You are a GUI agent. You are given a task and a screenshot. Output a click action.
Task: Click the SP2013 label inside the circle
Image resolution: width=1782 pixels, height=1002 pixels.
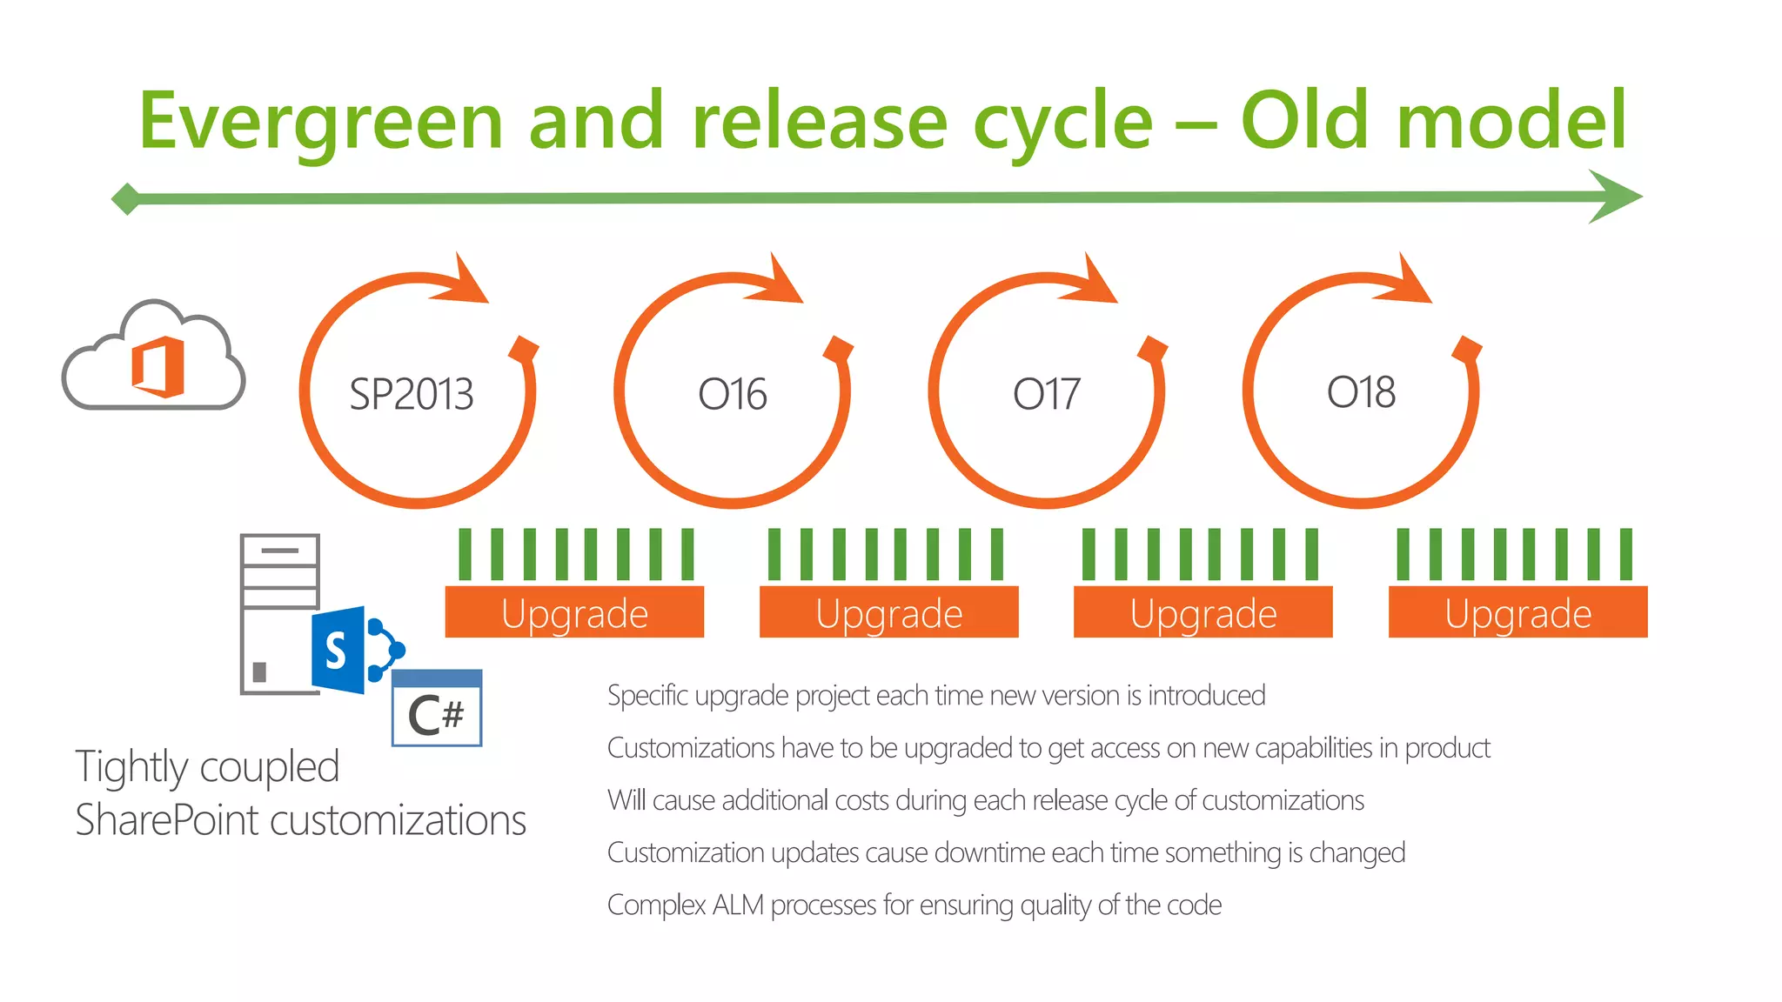click(x=411, y=394)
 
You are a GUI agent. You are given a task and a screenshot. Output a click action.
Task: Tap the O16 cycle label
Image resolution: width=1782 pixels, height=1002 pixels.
click(x=732, y=394)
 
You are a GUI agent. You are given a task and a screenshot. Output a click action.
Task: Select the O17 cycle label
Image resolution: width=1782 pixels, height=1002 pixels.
click(x=1046, y=394)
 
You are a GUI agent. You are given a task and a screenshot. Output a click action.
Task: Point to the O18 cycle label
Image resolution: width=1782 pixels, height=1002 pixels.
click(x=1361, y=392)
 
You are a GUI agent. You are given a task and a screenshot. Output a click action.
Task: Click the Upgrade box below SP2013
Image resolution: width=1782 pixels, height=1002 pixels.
click(x=574, y=612)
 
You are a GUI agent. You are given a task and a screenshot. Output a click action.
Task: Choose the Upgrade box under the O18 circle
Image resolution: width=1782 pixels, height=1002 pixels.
click(x=1517, y=612)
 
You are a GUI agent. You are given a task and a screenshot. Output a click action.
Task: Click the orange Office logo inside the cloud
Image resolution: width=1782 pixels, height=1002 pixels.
click(x=158, y=366)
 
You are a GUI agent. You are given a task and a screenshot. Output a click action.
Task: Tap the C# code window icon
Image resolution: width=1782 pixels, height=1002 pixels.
click(x=437, y=708)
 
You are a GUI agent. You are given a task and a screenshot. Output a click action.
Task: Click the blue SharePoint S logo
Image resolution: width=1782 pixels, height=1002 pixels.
click(x=338, y=650)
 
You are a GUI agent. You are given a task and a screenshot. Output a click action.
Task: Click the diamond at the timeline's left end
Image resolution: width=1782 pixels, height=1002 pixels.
click(x=127, y=198)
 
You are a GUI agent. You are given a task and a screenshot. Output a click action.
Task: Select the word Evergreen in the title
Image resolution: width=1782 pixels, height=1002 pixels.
click(x=320, y=122)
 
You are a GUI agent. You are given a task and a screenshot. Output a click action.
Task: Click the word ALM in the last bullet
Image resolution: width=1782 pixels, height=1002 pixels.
click(x=738, y=905)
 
